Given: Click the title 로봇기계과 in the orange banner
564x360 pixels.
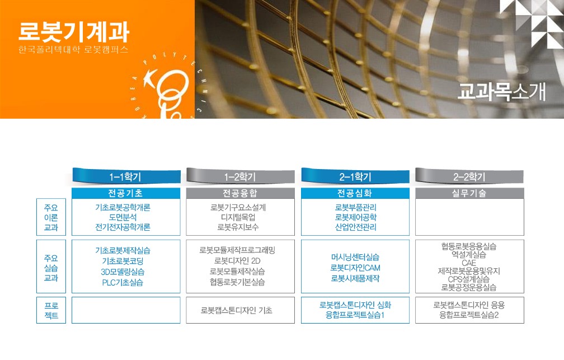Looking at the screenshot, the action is (x=74, y=32).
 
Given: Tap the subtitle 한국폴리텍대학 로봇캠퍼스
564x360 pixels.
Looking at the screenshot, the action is (x=73, y=49).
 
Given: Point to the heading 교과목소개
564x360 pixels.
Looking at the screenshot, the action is (x=502, y=91).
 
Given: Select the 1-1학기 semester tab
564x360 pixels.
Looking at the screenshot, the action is (x=126, y=176).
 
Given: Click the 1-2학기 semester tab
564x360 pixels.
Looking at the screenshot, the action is (x=240, y=176).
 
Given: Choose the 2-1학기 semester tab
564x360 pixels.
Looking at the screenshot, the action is (x=355, y=176).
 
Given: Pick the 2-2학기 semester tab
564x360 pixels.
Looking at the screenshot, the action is (x=469, y=176).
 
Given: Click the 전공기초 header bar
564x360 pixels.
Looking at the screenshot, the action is (x=126, y=193).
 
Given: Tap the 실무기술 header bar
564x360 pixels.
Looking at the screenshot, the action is (x=469, y=193).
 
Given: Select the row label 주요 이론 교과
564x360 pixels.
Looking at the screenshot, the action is (x=51, y=217).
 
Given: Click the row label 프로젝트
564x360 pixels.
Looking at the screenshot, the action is (x=51, y=310).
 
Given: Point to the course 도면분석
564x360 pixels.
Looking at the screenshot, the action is (x=123, y=217).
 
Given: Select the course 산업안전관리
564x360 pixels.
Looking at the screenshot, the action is (x=356, y=227).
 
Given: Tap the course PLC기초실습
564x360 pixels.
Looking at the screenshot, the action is (x=123, y=283).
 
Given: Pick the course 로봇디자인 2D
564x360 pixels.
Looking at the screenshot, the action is (x=237, y=261).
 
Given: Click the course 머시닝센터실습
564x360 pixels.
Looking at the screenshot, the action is (x=355, y=257).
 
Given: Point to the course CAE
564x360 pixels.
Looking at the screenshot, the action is (x=469, y=263).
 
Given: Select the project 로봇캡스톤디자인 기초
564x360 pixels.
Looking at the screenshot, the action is (x=236, y=310).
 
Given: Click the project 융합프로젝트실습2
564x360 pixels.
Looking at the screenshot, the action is (x=469, y=315).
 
